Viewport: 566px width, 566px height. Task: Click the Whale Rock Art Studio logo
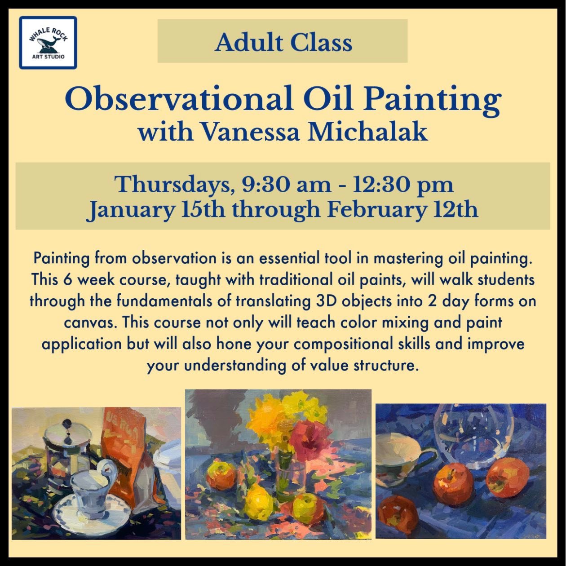point(48,43)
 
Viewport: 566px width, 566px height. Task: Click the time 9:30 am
point(287,186)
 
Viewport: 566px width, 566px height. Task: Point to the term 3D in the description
point(327,301)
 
